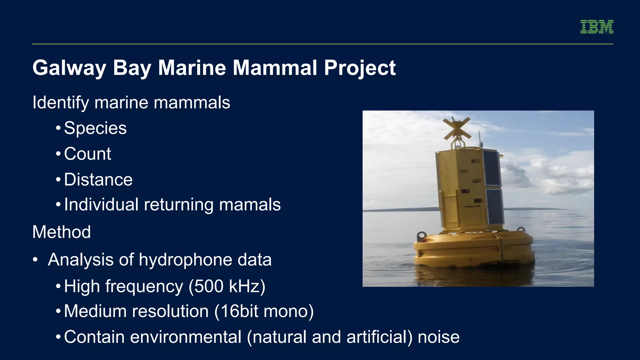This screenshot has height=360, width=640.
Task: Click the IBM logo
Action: coord(597,27)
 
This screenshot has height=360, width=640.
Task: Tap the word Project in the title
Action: coord(360,68)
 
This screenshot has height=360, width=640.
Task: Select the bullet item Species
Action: coord(95,128)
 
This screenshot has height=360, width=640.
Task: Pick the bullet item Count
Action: coord(87,154)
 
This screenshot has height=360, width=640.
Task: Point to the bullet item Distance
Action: coord(98,180)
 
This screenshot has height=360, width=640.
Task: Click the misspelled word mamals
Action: coord(250,205)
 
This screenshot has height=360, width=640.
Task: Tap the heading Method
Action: coord(62,232)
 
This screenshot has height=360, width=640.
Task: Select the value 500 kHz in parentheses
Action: coord(227,286)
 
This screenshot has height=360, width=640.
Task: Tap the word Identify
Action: coord(61,103)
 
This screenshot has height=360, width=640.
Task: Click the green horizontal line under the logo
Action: coord(322,44)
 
